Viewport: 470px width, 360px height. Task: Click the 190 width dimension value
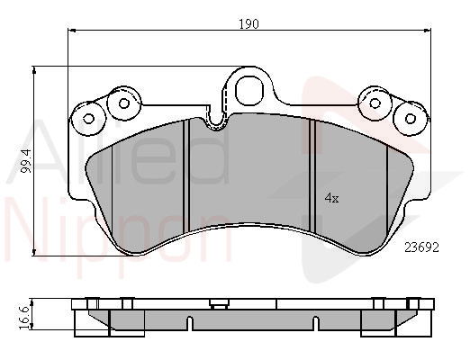[x=249, y=23]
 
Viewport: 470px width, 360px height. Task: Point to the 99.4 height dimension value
[x=27, y=161]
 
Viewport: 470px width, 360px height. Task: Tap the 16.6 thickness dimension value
[x=25, y=318]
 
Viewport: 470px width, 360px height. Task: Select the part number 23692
[x=422, y=247]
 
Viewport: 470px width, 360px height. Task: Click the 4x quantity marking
[x=332, y=198]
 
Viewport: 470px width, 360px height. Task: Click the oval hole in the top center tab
[x=249, y=90]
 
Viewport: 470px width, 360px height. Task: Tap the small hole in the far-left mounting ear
[x=88, y=119]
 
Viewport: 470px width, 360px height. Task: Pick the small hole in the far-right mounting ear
[x=411, y=119]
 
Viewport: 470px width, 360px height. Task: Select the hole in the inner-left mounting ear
[x=123, y=103]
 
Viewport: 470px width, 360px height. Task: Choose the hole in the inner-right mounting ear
[x=375, y=103]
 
